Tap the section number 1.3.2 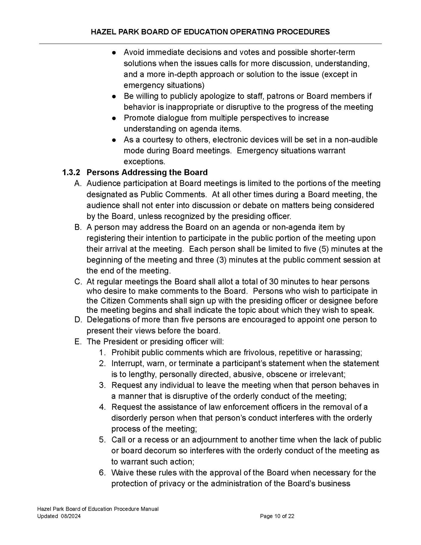click(x=71, y=173)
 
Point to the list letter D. click(x=78, y=319)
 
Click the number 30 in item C click(x=274, y=282)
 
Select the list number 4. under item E click(x=102, y=407)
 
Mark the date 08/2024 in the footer click(x=71, y=516)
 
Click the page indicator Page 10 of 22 click(x=277, y=516)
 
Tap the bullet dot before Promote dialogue click(x=114, y=118)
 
